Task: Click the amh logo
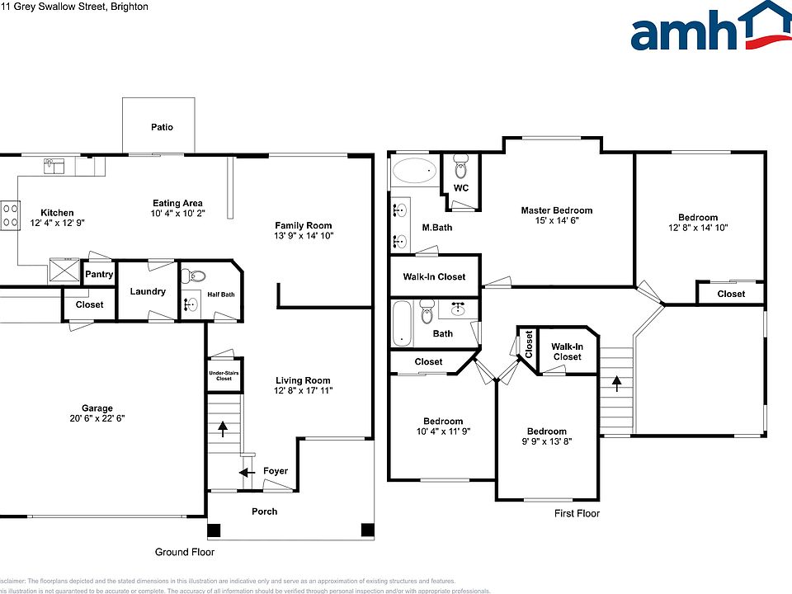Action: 710,28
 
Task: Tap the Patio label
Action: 162,127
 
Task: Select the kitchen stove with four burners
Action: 10,216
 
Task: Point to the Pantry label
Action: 99,275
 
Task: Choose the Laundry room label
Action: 148,291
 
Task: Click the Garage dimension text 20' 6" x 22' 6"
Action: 97,418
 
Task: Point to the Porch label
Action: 264,511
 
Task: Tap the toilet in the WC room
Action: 461,168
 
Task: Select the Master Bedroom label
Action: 556,210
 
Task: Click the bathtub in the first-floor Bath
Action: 401,324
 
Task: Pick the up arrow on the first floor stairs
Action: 615,382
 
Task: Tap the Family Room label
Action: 303,225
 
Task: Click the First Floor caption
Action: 577,513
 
